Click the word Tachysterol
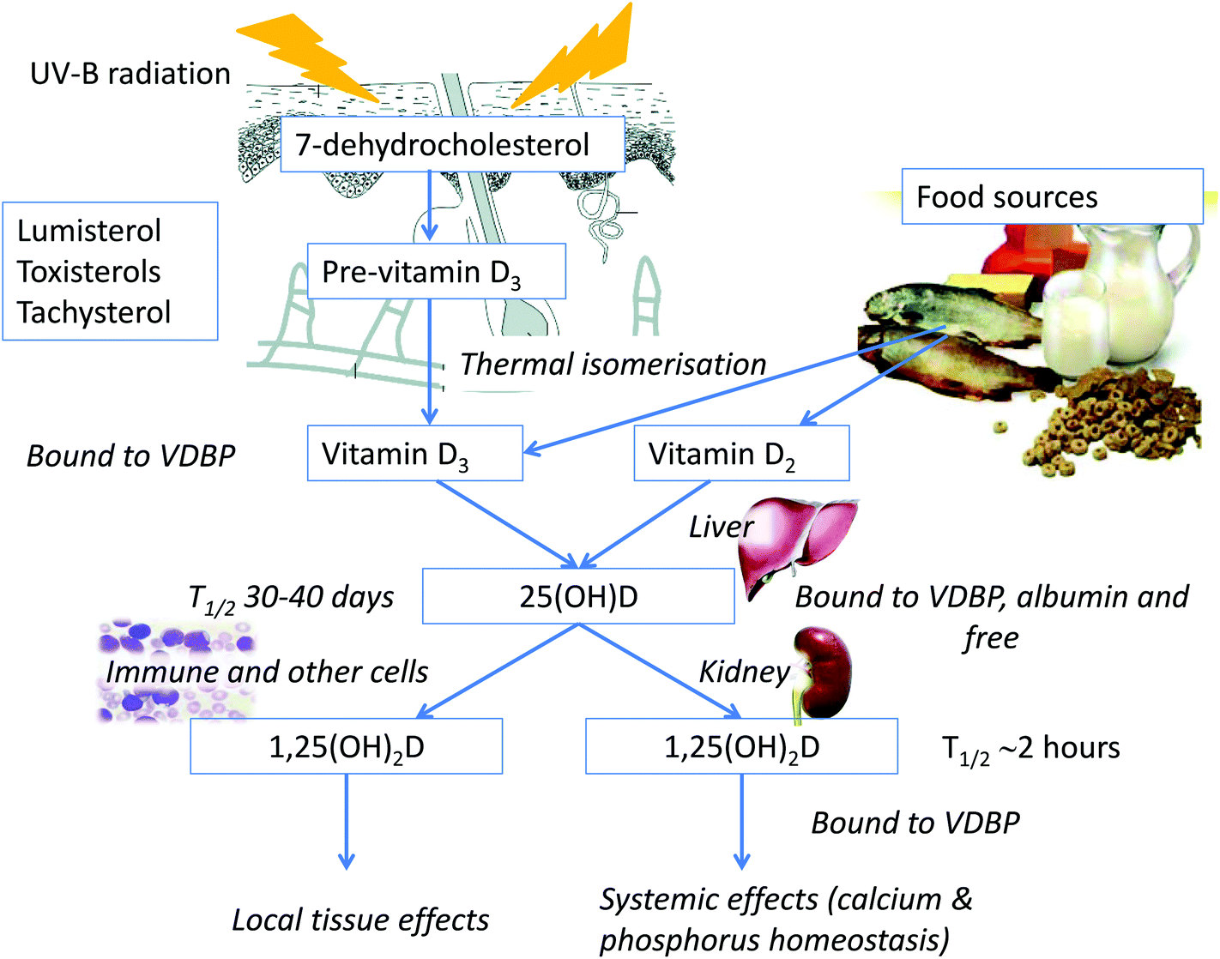(x=94, y=312)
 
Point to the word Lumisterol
(x=89, y=231)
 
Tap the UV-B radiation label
(x=130, y=74)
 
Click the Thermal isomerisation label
(x=613, y=364)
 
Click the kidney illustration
(x=822, y=674)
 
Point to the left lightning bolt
(x=308, y=57)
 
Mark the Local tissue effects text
(x=360, y=920)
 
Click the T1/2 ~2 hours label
(x=1030, y=748)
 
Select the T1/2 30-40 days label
(x=291, y=599)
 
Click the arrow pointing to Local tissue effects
(x=347, y=821)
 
